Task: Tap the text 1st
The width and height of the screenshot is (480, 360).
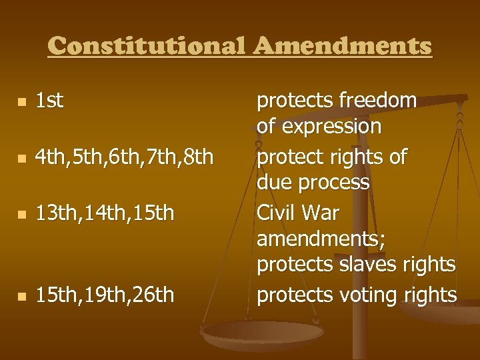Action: [49, 101]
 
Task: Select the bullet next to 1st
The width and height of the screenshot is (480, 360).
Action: [22, 102]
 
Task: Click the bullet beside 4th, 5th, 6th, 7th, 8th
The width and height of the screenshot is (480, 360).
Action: [22, 159]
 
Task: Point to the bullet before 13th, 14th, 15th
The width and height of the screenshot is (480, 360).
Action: [22, 215]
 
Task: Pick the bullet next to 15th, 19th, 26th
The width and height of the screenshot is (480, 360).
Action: [22, 295]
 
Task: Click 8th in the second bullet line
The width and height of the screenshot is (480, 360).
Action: [198, 157]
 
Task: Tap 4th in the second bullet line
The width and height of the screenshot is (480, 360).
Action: [50, 157]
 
